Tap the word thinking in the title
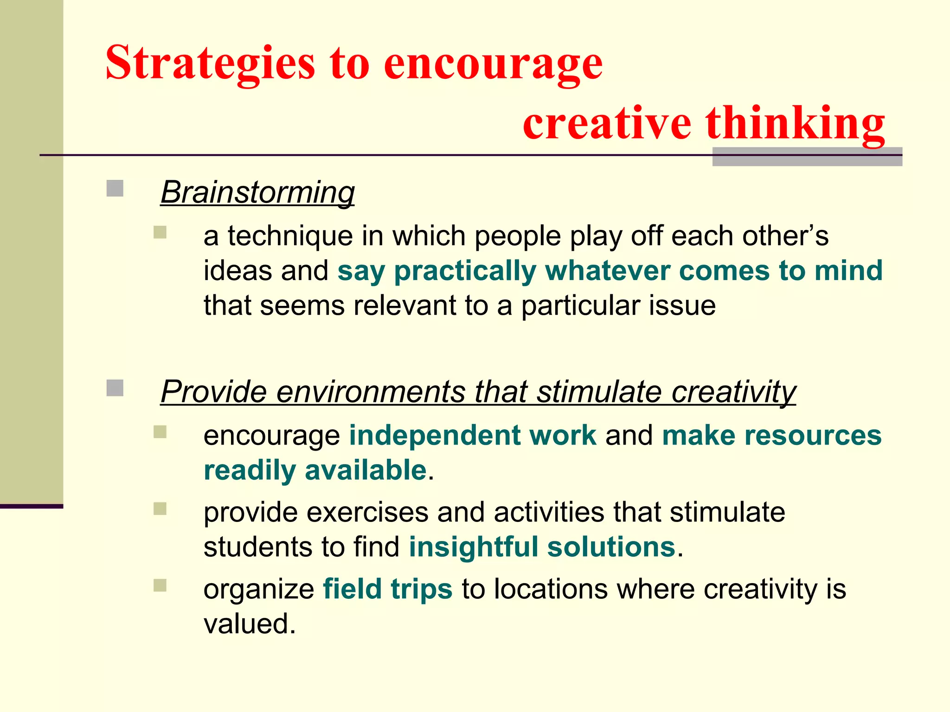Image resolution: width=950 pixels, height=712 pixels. [x=795, y=123]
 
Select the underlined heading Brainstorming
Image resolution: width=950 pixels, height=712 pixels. [x=257, y=192]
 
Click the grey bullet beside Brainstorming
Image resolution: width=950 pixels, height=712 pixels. [x=115, y=189]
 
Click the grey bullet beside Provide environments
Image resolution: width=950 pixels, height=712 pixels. [x=115, y=388]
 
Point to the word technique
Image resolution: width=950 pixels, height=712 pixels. [x=290, y=236]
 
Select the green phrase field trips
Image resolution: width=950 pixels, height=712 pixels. [x=387, y=589]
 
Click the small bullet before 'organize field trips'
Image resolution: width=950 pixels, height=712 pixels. [x=160, y=586]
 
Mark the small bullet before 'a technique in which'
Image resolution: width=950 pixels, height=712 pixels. [x=160, y=232]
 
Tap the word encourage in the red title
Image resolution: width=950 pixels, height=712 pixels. [x=493, y=64]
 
